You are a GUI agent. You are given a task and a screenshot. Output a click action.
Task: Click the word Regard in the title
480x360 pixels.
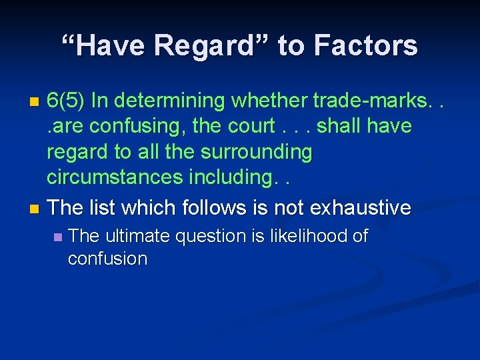pyautogui.click(x=201, y=45)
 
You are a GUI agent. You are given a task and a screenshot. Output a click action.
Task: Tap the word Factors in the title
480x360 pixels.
pyautogui.click(x=365, y=45)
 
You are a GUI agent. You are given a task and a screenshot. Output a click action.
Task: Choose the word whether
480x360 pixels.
pyautogui.click(x=270, y=101)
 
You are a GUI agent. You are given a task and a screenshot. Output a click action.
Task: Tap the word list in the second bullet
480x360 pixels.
pyautogui.click(x=108, y=207)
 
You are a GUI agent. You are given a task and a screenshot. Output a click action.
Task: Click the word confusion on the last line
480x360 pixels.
pyautogui.click(x=107, y=259)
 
